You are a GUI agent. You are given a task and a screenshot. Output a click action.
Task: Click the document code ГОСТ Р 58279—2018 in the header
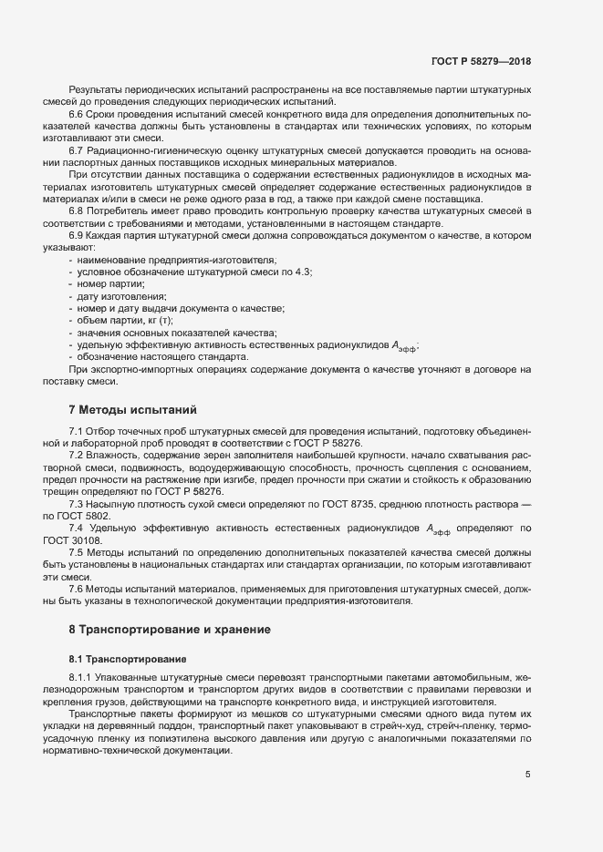(x=480, y=61)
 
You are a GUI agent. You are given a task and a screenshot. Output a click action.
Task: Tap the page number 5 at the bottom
(x=527, y=775)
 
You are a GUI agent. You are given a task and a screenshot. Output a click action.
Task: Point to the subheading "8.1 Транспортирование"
(x=129, y=658)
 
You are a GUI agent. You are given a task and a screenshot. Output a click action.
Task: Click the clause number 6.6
(x=77, y=114)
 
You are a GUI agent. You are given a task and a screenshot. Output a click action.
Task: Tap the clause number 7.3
(x=77, y=504)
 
